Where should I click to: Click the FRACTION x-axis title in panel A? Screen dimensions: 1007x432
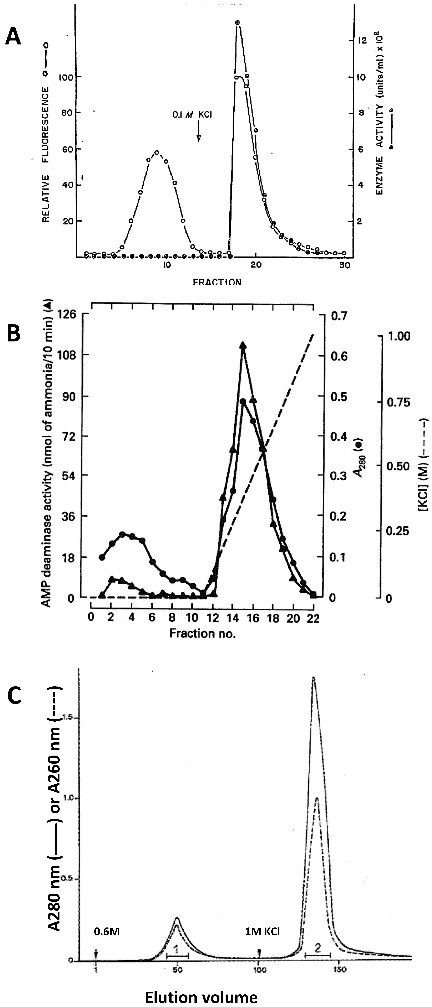pyautogui.click(x=217, y=282)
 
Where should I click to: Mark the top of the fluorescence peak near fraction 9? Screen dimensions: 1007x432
pyautogui.click(x=157, y=152)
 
